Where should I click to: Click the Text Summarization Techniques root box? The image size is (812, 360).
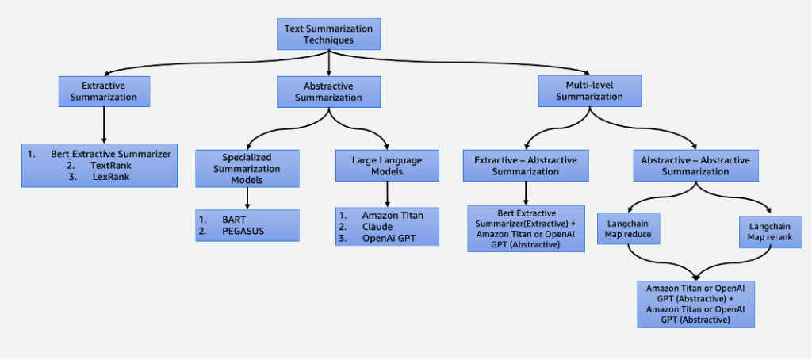[x=328, y=34]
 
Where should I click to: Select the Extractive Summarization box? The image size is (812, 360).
[x=103, y=91]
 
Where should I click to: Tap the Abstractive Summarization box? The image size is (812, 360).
[x=328, y=92]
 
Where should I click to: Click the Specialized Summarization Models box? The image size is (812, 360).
[x=247, y=169]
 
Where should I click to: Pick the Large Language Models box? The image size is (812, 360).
[x=387, y=166]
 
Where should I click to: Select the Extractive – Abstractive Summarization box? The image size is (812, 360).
[x=525, y=166]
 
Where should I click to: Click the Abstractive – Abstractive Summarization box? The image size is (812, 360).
[x=695, y=166]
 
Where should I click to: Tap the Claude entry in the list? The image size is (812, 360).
[x=377, y=227]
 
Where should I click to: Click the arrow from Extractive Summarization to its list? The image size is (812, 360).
[x=103, y=124]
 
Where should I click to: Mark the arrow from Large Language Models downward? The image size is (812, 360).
[x=387, y=194]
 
